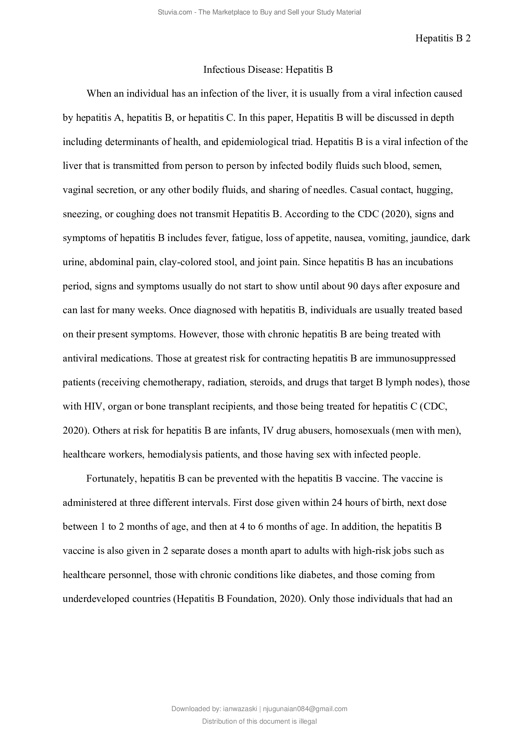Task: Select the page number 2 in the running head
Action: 468,38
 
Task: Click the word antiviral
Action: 80,358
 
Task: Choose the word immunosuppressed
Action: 415,358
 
